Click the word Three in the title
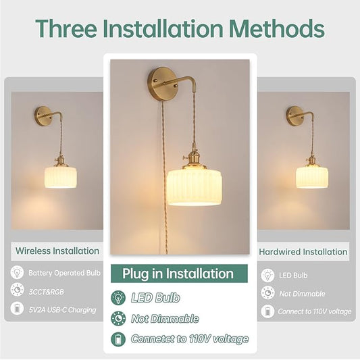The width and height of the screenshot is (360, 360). pyautogui.click(x=66, y=28)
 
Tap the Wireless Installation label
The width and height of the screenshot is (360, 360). pyautogui.click(x=57, y=251)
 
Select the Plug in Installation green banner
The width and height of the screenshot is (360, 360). pyautogui.click(x=179, y=274)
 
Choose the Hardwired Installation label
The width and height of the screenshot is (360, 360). pyautogui.click(x=303, y=252)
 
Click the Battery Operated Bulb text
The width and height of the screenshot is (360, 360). pyautogui.click(x=65, y=273)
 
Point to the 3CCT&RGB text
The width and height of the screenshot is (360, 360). pyautogui.click(x=46, y=292)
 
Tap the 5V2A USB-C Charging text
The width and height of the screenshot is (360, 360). pyautogui.click(x=62, y=310)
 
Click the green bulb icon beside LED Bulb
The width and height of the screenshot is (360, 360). pyautogui.click(x=118, y=298)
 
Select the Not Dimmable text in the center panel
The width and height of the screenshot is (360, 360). pyautogui.click(x=165, y=318)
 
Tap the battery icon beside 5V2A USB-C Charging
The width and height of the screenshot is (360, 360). pyautogui.click(x=17, y=309)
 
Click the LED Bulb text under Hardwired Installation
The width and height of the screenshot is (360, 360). pyautogui.click(x=293, y=276)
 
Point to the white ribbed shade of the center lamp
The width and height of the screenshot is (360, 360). pyautogui.click(x=194, y=188)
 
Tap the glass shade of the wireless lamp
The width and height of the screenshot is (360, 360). pyautogui.click(x=61, y=178)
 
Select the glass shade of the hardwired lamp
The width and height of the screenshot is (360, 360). pyautogui.click(x=312, y=178)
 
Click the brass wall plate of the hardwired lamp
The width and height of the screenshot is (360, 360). pyautogui.click(x=294, y=116)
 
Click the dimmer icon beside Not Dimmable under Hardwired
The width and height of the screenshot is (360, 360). pyautogui.click(x=267, y=292)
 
